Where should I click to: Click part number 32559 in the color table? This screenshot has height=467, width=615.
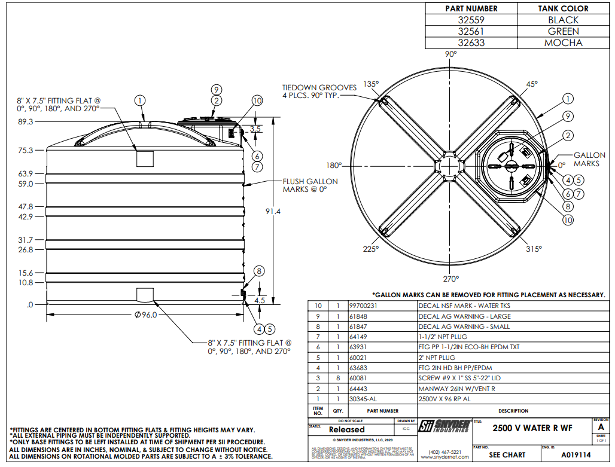(471, 20)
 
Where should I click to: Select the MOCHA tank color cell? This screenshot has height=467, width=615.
(563, 43)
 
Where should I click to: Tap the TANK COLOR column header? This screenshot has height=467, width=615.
(563, 8)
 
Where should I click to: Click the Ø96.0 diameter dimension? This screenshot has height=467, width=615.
(145, 315)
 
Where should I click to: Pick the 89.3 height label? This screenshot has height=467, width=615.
(26, 121)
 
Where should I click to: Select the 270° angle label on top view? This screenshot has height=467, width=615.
(450, 279)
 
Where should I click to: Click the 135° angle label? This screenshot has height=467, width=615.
(372, 84)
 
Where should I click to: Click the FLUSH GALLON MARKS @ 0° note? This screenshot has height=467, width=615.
(310, 185)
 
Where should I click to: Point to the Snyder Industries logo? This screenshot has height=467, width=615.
(444, 427)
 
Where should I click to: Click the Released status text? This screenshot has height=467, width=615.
(346, 429)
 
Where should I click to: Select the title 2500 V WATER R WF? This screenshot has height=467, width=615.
(532, 428)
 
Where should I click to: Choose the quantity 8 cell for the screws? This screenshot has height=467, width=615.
(337, 379)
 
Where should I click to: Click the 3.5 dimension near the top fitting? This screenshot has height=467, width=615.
(255, 129)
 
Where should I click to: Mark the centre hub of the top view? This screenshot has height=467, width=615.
(450, 165)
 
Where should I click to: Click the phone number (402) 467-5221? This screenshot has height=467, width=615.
(444, 451)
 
